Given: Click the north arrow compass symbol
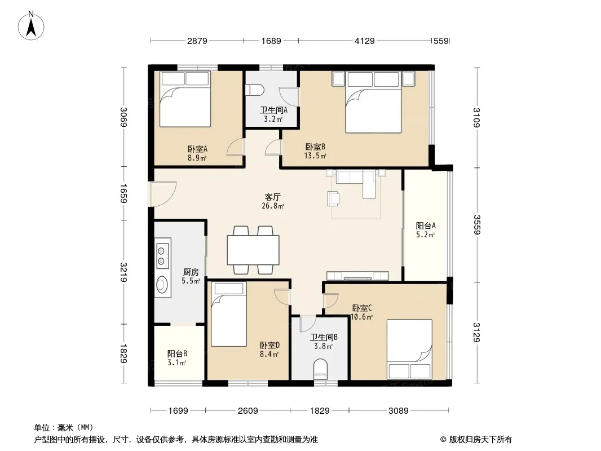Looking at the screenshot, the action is [31, 26].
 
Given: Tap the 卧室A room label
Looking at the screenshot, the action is [197, 149].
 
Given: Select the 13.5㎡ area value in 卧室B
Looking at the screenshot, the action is [315, 156].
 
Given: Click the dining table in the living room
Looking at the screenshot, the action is [253, 250].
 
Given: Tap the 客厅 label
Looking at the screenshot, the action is [272, 197].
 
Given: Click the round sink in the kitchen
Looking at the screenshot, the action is [162, 284].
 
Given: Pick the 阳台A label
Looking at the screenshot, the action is [426, 225].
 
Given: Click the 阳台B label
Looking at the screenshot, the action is [177, 353].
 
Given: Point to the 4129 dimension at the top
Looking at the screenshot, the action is [365, 41].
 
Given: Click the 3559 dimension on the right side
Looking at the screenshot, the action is [476, 224].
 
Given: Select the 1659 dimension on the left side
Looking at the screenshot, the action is [123, 193].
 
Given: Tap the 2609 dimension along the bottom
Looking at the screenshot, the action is [248, 411].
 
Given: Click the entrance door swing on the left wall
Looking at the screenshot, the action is [163, 193].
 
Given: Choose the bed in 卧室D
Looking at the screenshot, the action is [228, 314].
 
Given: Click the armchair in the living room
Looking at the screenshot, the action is [333, 198].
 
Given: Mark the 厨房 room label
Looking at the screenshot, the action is [191, 272].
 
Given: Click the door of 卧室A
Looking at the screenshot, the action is [235, 147].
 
